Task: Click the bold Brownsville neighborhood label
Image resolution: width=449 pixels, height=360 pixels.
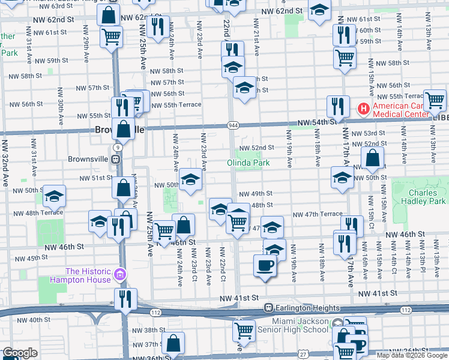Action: click(x=119, y=130)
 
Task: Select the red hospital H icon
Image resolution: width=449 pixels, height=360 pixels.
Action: click(x=363, y=109)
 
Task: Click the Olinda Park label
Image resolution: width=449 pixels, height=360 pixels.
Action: click(x=248, y=163)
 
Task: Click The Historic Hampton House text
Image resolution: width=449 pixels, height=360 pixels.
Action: click(x=88, y=275)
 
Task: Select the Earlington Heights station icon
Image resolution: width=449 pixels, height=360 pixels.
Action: click(x=270, y=308)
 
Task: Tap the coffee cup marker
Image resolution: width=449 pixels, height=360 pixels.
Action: click(x=265, y=265)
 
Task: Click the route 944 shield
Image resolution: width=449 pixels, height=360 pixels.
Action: click(x=232, y=125)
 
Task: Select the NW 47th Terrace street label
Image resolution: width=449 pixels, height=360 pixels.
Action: click(x=317, y=214)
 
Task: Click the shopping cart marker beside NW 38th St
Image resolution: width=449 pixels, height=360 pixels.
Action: click(x=244, y=329)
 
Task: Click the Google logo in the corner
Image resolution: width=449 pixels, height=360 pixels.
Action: click(x=20, y=353)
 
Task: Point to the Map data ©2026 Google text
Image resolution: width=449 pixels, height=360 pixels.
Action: click(x=412, y=355)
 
